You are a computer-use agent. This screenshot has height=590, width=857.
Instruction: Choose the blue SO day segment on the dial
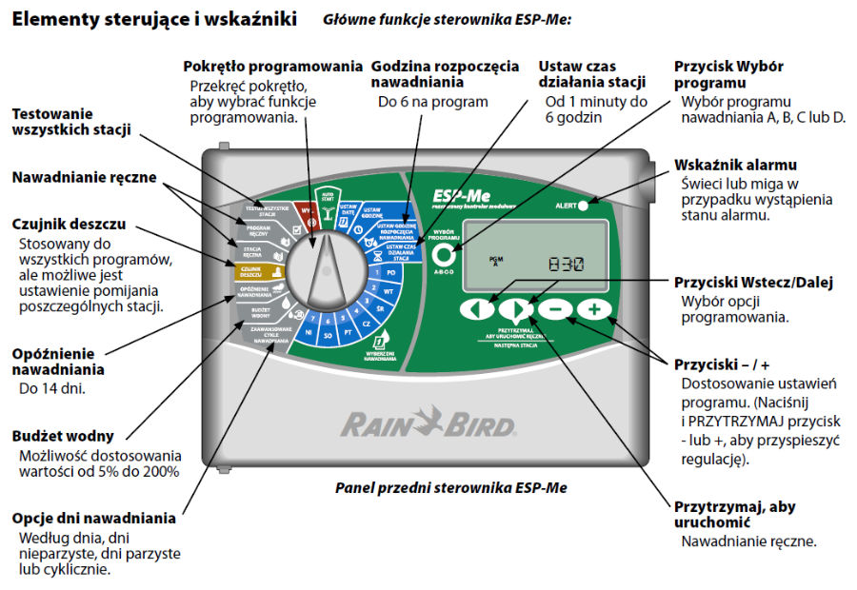coord(328,335)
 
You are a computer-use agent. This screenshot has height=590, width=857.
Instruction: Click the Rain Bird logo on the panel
coord(428,423)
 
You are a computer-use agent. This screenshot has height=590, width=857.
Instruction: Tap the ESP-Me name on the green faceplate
coord(455,194)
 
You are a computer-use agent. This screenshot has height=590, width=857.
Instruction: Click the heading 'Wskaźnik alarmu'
coord(735,165)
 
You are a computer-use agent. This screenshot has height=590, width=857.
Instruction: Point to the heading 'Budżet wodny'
coord(63,436)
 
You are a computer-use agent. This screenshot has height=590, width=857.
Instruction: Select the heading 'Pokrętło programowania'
coord(273,67)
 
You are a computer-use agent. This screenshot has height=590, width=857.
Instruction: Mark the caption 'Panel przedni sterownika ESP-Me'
coord(450,487)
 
